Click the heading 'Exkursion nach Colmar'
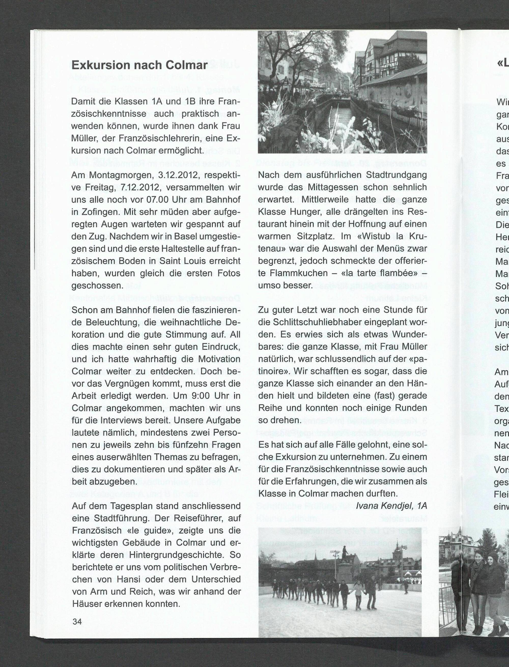(x=139, y=65)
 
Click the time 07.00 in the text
(x=155, y=200)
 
